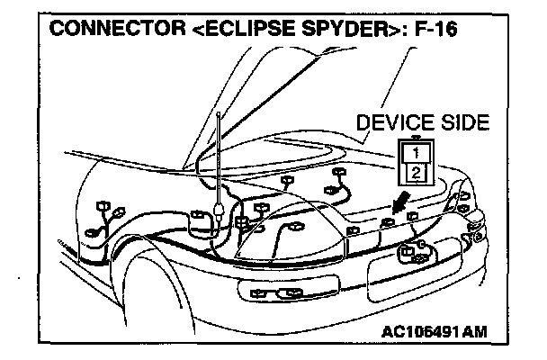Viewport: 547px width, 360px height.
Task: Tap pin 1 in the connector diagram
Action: tap(415, 152)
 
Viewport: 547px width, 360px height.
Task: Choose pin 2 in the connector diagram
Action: tap(415, 171)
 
